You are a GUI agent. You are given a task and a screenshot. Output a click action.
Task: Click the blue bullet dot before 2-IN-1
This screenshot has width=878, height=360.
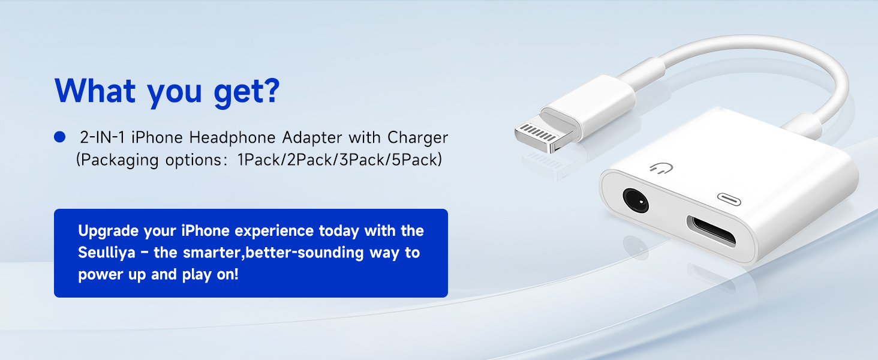point(59,137)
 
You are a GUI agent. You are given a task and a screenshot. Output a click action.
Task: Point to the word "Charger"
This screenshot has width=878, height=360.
point(417,137)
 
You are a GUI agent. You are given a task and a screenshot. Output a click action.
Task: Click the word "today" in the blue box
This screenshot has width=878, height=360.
point(339,231)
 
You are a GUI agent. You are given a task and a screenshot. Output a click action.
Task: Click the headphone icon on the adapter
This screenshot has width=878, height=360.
point(661,169)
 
